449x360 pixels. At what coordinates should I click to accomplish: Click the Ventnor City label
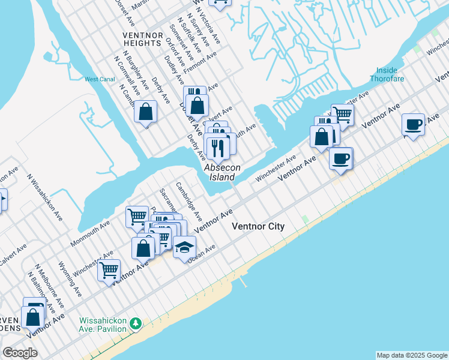click(258, 226)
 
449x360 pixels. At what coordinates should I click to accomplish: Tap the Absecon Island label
click(220, 172)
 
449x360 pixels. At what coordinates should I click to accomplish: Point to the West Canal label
click(99, 79)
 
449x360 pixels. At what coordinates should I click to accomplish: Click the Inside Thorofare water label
click(390, 74)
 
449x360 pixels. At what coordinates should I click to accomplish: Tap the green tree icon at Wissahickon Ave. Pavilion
click(136, 323)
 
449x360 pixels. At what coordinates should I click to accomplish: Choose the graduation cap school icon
click(185, 247)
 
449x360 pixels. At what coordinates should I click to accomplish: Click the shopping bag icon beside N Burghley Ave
click(145, 111)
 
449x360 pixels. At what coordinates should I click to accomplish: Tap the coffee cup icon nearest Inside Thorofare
click(413, 124)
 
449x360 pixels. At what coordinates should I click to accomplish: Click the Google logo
click(20, 353)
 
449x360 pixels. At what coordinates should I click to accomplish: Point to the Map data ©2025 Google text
click(412, 355)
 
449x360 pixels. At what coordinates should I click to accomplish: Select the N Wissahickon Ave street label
click(45, 197)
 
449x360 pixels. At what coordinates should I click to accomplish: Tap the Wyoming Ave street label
click(69, 279)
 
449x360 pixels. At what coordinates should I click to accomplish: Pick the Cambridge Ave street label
click(188, 200)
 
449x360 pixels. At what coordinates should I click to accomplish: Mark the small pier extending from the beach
click(243, 280)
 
